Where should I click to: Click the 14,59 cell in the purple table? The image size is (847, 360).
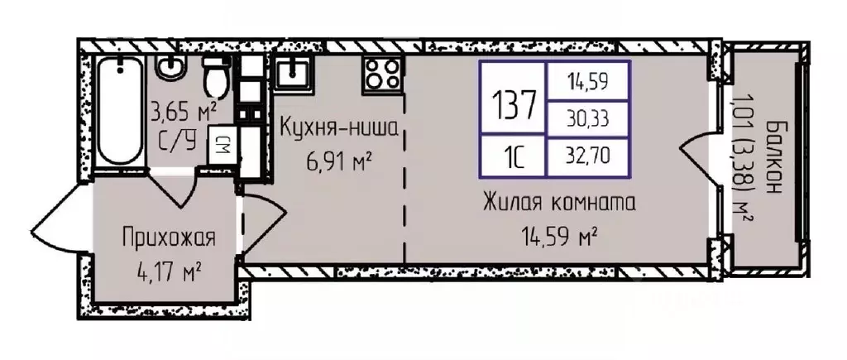tap(586, 81)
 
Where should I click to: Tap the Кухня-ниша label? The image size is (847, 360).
tap(339, 129)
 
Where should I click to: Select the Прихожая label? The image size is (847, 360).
tap(168, 240)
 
